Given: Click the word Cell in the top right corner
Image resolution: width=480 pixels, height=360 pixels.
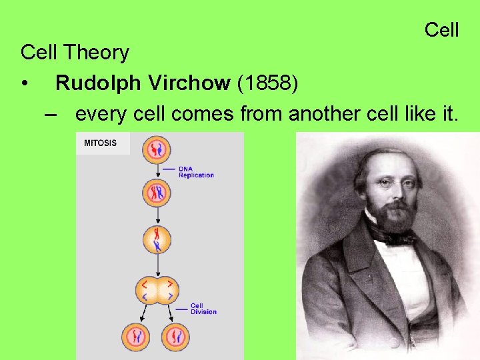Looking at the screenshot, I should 441,30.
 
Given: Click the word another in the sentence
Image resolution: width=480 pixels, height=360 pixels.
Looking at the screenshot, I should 324,114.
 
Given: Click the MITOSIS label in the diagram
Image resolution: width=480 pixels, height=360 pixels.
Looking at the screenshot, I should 100,143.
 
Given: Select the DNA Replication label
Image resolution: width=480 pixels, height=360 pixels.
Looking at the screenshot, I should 196,172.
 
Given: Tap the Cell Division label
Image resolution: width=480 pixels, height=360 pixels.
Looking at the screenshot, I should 203,309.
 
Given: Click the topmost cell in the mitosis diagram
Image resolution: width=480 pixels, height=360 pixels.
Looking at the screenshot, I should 157,149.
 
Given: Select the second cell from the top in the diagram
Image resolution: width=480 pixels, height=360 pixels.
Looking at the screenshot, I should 157,193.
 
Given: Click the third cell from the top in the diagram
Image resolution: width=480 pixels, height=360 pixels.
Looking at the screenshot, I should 157,240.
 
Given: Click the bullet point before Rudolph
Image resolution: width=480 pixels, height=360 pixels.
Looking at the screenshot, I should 25,84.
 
